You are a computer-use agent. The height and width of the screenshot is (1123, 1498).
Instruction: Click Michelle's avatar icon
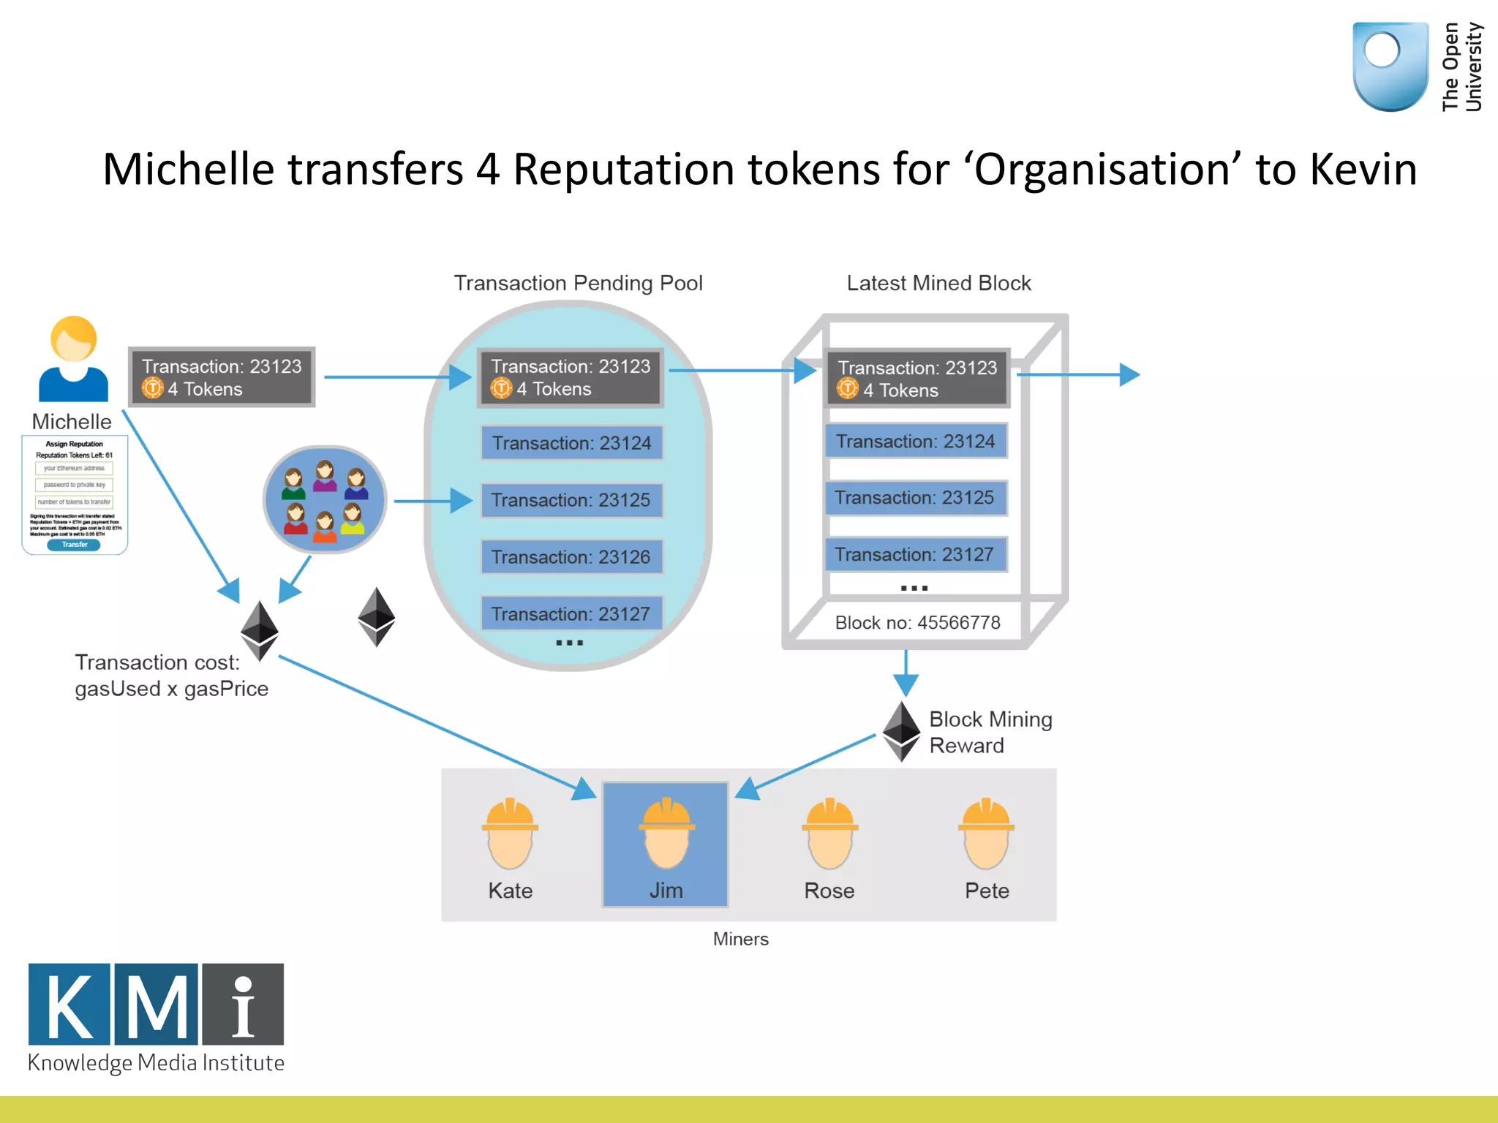click(73, 360)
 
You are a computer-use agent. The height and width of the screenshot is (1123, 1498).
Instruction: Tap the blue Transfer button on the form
click(74, 545)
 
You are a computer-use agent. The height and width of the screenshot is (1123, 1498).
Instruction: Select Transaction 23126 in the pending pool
click(571, 557)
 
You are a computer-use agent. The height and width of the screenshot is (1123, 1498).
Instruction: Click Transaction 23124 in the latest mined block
click(916, 442)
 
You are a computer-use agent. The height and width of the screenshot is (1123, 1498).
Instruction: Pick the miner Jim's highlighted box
click(666, 844)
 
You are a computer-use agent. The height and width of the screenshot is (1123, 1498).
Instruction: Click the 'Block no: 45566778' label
click(917, 623)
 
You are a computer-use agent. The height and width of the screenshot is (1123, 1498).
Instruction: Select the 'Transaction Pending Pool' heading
click(578, 283)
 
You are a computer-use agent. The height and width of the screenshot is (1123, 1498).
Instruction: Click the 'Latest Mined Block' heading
click(938, 283)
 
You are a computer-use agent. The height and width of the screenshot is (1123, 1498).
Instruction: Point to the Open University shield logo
click(1390, 66)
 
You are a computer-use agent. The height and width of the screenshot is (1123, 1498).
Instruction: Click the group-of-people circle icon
click(325, 500)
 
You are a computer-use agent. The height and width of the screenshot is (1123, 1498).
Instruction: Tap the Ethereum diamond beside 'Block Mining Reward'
click(901, 731)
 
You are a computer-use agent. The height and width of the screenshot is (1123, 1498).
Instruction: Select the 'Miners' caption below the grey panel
click(740, 939)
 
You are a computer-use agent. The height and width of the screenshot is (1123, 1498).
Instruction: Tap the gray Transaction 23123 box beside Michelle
click(222, 377)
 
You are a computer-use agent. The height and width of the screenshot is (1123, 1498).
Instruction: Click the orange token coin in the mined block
click(847, 389)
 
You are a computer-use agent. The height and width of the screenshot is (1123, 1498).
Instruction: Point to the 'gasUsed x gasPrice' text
click(172, 689)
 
